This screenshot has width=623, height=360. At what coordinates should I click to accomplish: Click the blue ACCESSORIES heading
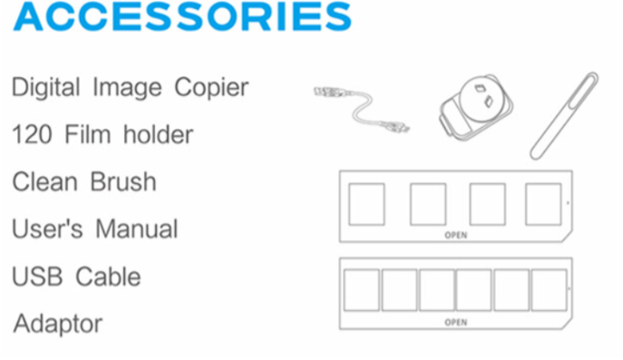(x=182, y=16)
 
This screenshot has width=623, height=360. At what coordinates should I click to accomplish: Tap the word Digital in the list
(x=45, y=88)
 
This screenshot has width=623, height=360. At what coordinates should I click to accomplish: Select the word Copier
(x=211, y=88)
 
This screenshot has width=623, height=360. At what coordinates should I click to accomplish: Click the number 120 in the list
(x=32, y=134)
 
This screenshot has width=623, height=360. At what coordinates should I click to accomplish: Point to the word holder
(x=158, y=134)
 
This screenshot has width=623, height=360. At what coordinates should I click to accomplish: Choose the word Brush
(x=123, y=182)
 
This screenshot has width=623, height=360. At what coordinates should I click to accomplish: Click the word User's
(x=47, y=229)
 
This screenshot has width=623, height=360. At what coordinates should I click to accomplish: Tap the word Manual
(x=137, y=229)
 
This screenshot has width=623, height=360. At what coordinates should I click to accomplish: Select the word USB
(x=37, y=277)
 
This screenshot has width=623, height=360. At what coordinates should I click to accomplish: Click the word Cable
(x=108, y=277)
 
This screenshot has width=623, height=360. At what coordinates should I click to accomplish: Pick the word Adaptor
(x=58, y=325)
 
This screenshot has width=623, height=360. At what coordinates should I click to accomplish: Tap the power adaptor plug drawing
(x=476, y=107)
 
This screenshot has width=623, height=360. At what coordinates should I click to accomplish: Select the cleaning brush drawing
(x=564, y=116)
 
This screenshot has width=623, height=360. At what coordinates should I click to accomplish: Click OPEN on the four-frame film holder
(x=456, y=235)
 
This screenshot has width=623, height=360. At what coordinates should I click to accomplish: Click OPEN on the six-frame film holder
(x=456, y=322)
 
